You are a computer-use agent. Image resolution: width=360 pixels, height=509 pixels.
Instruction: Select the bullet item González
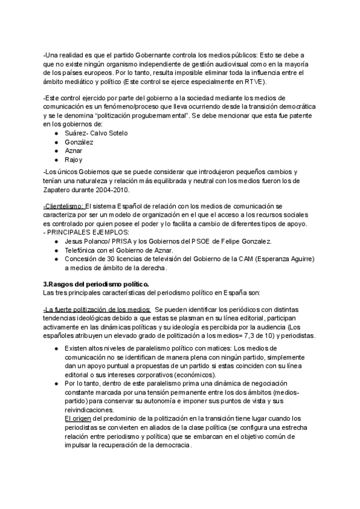pyautogui.click(x=80, y=142)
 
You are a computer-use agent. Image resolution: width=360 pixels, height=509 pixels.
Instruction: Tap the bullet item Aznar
pyautogui.click(x=74, y=151)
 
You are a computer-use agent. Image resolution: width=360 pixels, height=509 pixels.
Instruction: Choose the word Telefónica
pyautogui.click(x=83, y=250)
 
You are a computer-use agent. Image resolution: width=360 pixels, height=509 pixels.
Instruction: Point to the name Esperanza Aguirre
pyautogui.click(x=275, y=259)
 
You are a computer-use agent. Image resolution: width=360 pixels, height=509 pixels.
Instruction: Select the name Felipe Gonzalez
pyautogui.click(x=239, y=241)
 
